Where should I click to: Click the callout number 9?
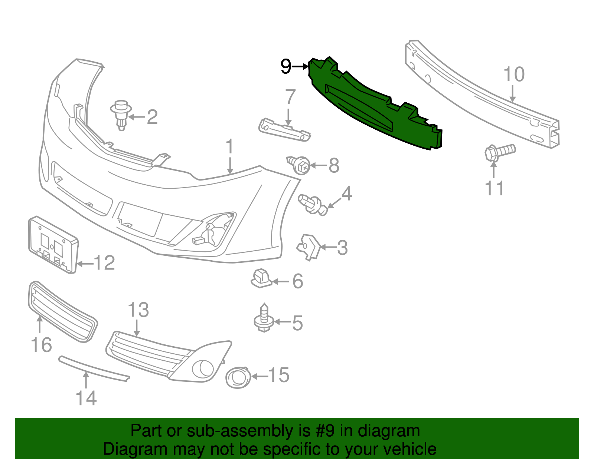point(286,67)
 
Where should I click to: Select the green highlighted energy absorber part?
point(371,108)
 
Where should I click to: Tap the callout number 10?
point(514,75)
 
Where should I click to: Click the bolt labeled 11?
point(499,152)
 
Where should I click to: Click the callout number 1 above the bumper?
point(230,147)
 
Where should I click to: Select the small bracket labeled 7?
point(284,130)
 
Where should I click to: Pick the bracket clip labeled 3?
point(309,247)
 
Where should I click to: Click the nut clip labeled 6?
point(261,279)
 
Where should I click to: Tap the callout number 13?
point(138,310)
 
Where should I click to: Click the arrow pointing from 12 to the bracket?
point(85,264)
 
